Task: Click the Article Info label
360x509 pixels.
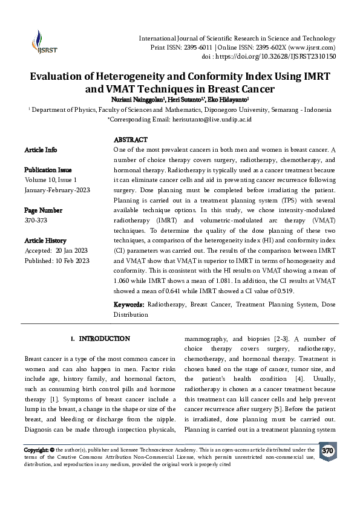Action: [41, 149]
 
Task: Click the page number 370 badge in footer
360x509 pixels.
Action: [327, 451]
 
